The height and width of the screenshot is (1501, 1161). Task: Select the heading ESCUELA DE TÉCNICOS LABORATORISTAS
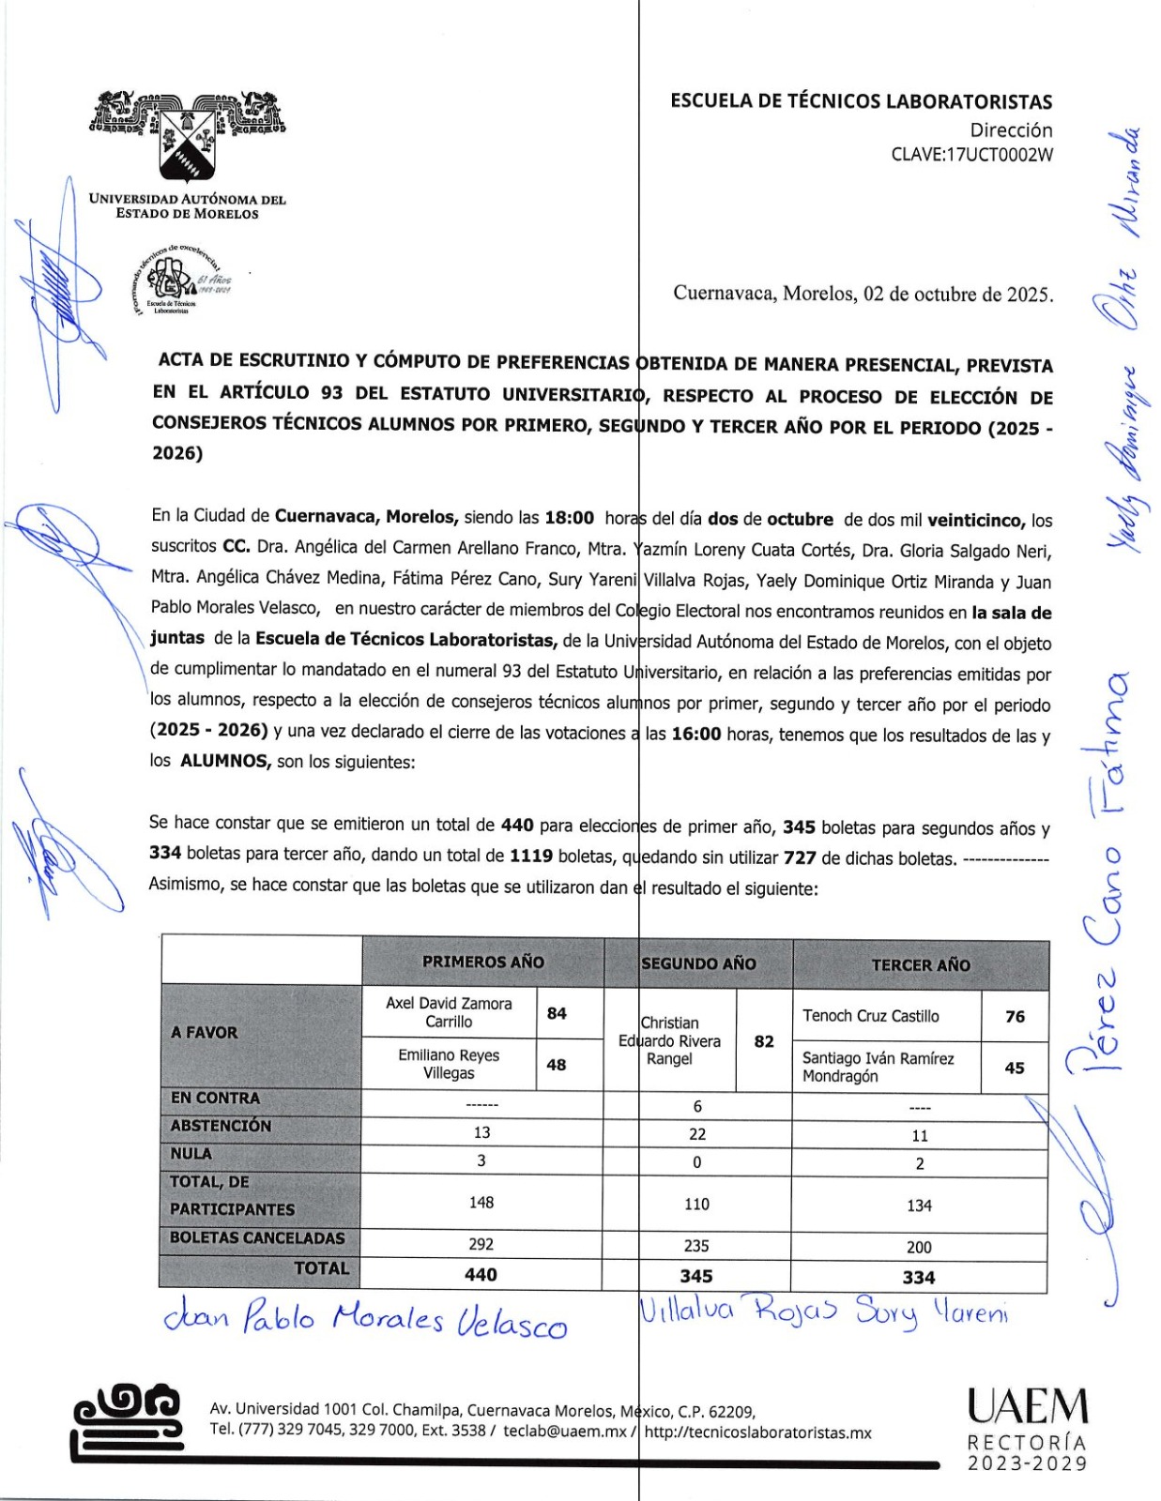tap(861, 101)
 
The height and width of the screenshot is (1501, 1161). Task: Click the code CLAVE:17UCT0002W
tap(971, 155)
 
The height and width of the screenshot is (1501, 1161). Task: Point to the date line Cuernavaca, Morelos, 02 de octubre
tap(863, 294)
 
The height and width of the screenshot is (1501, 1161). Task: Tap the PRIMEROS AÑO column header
tap(482, 962)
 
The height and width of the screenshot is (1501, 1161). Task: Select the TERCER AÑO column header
tap(920, 964)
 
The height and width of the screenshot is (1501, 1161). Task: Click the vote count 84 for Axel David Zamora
tap(557, 1013)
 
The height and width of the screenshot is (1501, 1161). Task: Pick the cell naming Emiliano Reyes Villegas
tap(449, 1064)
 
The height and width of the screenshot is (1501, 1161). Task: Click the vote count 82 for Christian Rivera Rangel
tap(764, 1041)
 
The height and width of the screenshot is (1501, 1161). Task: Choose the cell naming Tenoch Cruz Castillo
tap(870, 1016)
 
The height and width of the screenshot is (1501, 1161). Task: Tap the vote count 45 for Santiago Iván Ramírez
tap(1015, 1068)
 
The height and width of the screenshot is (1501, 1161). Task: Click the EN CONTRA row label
tap(215, 1098)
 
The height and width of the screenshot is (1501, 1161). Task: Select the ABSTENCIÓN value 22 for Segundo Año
tap(697, 1134)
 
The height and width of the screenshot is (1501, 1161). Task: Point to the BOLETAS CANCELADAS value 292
tap(481, 1244)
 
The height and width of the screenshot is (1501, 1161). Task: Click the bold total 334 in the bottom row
tap(919, 1277)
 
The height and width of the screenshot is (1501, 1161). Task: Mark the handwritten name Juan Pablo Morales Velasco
tap(365, 1321)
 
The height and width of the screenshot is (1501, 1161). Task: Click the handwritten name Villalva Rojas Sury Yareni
tap(823, 1311)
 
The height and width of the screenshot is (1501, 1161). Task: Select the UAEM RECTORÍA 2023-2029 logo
tap(1028, 1431)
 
